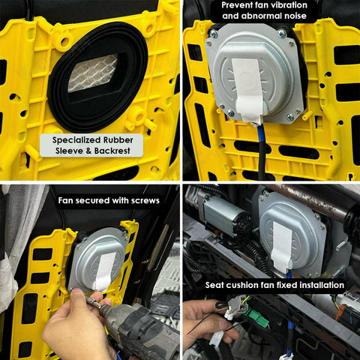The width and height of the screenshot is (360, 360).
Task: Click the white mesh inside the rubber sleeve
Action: click(x=92, y=72)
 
